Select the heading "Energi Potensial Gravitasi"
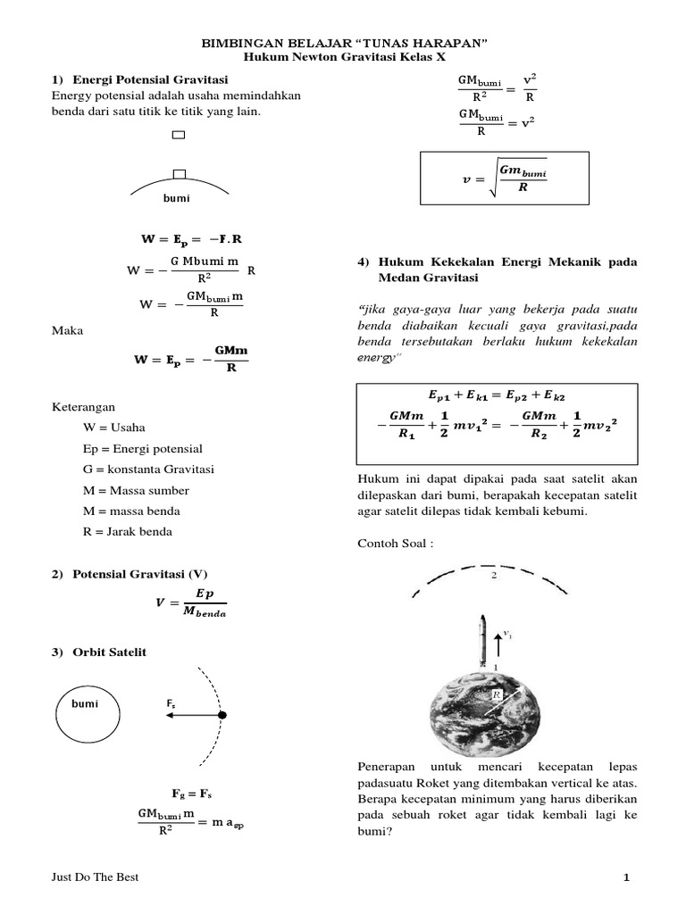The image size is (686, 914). [151, 80]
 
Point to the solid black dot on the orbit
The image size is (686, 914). [223, 715]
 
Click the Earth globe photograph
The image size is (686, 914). [486, 710]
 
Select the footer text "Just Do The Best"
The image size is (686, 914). [96, 878]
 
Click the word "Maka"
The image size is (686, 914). [68, 331]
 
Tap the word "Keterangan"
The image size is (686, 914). [84, 406]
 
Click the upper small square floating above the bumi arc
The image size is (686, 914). [179, 136]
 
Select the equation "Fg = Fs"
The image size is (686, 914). [191, 794]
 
